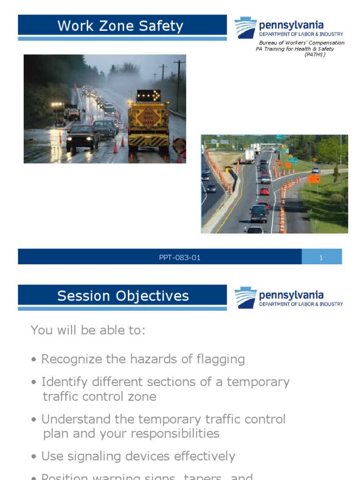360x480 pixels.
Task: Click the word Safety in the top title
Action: click(x=160, y=26)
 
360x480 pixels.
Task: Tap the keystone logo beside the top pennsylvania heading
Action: click(x=245, y=27)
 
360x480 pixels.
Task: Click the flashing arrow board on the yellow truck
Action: click(x=149, y=96)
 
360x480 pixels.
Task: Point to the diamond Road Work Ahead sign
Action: click(x=148, y=118)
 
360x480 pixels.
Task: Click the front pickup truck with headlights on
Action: click(x=82, y=137)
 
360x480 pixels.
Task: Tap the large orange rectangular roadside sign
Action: click(x=314, y=179)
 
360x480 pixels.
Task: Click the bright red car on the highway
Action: click(x=265, y=191)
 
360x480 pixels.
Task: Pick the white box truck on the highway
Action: click(x=249, y=156)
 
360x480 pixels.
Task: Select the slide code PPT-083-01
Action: click(x=180, y=257)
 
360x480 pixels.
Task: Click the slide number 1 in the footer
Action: click(x=321, y=257)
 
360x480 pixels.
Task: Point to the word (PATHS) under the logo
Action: click(x=315, y=55)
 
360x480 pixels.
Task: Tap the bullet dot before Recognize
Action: click(x=34, y=360)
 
